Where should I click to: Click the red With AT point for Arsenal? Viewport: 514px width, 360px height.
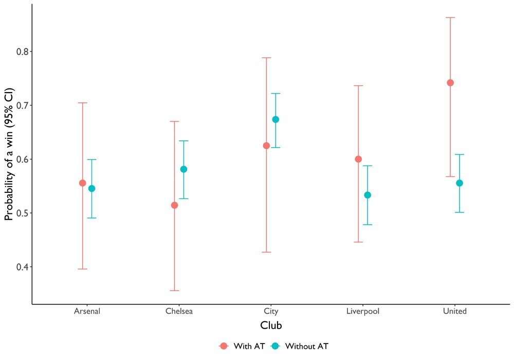[x=82, y=183]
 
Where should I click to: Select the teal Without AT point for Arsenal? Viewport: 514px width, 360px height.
[x=92, y=189]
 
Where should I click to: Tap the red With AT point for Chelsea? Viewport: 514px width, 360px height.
[x=174, y=205]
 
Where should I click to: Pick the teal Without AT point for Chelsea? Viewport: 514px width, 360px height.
[x=183, y=169]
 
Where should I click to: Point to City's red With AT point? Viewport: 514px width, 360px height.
[x=266, y=146]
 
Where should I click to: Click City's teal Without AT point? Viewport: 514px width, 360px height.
[x=276, y=119]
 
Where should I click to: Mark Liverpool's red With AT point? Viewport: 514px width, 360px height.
[x=358, y=159]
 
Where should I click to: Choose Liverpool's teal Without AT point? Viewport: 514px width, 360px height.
[x=368, y=195]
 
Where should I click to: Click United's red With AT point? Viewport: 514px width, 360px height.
[x=450, y=83]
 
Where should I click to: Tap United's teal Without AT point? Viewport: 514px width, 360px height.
[x=460, y=183]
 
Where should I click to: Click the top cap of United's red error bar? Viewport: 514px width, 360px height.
[x=450, y=17]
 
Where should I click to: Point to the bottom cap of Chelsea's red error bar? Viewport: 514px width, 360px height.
[x=174, y=291]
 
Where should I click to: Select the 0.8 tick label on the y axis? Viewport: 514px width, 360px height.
[x=22, y=52]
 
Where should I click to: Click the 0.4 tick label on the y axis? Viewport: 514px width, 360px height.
[x=22, y=267]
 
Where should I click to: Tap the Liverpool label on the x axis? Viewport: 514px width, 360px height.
[x=363, y=311]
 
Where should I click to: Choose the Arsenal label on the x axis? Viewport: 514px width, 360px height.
[x=87, y=311]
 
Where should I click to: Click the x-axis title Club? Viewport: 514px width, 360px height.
[x=271, y=325]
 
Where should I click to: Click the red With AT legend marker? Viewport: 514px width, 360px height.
[x=224, y=346]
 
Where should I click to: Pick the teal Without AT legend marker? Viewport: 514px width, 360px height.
[x=276, y=346]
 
